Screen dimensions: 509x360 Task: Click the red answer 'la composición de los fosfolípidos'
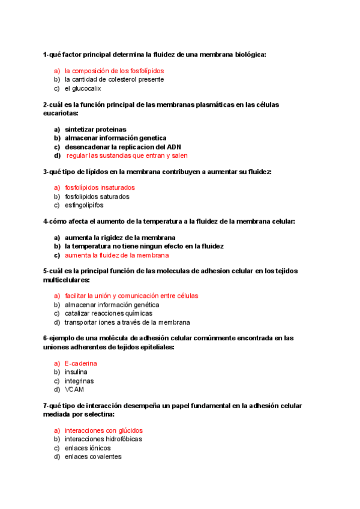click(114, 71)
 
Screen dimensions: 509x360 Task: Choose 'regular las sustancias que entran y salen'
click(127, 155)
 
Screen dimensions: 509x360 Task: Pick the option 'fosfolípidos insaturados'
click(100, 187)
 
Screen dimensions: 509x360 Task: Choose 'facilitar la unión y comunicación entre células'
click(131, 296)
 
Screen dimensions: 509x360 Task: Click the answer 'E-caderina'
click(81, 364)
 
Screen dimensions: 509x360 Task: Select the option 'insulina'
click(76, 372)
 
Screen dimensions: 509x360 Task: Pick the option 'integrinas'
click(79, 381)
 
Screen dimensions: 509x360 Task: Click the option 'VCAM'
click(74, 390)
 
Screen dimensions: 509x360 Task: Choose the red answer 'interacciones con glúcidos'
click(104, 430)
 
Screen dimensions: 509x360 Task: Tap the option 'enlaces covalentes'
click(93, 457)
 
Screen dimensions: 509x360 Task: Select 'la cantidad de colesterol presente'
click(114, 79)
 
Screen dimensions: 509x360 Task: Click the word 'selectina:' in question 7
click(98, 414)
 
